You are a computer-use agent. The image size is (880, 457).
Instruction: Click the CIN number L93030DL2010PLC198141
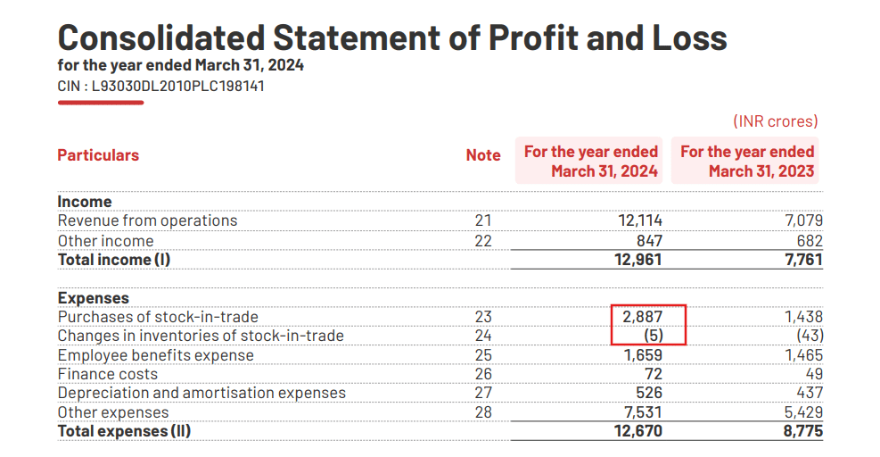[160, 87]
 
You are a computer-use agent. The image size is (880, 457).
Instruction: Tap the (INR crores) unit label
[775, 121]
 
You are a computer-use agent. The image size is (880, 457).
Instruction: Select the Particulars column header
[98, 155]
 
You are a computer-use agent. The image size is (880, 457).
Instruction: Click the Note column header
[483, 155]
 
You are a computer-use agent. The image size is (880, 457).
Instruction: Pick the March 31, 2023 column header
[747, 162]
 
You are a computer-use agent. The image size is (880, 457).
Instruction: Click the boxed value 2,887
[642, 317]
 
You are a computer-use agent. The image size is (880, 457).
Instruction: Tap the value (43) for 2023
[808, 336]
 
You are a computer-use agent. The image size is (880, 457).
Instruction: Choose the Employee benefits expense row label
[155, 355]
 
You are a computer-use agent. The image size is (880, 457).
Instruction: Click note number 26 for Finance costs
[483, 374]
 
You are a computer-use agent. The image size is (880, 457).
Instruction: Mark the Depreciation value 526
[646, 393]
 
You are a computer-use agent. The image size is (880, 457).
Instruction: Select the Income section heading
[85, 202]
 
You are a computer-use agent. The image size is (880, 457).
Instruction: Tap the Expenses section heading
[93, 298]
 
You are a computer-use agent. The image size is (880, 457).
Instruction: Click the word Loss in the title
[681, 38]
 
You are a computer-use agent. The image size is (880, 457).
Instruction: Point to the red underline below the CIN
[100, 103]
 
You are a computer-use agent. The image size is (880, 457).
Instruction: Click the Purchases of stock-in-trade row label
[158, 317]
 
